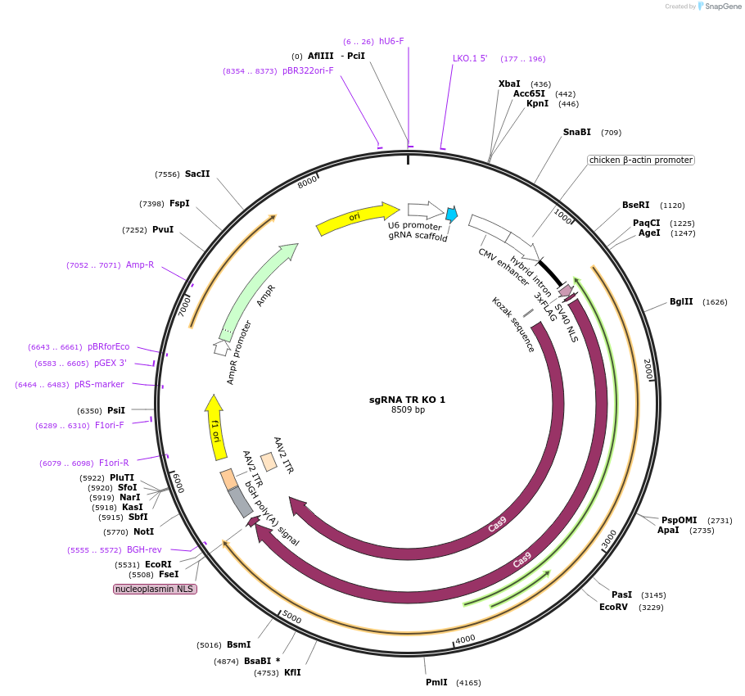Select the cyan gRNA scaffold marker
pyautogui.click(x=451, y=215)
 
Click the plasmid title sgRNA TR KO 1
pyautogui.click(x=407, y=400)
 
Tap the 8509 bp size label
pyautogui.click(x=408, y=410)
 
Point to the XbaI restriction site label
pyautogui.click(x=508, y=84)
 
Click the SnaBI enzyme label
pyautogui.click(x=576, y=133)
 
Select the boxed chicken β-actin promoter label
pyautogui.click(x=640, y=160)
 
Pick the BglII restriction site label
pyautogui.click(x=681, y=302)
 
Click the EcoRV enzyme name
pyautogui.click(x=613, y=608)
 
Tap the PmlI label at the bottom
pyautogui.click(x=436, y=683)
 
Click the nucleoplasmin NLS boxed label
pyautogui.click(x=155, y=589)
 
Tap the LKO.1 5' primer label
pyautogui.click(x=470, y=59)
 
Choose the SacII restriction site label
pyautogui.click(x=197, y=174)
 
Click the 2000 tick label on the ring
pyautogui.click(x=648, y=368)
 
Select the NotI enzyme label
pyautogui.click(x=143, y=532)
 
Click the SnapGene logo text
pyautogui.click(x=723, y=7)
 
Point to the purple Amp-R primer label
pyautogui.click(x=140, y=265)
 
